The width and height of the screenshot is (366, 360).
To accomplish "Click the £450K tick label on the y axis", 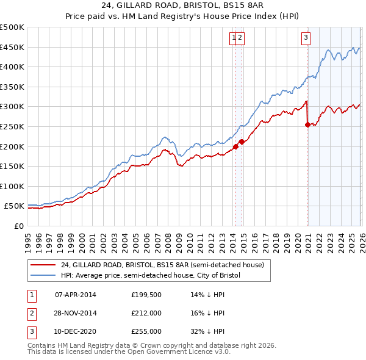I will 12,48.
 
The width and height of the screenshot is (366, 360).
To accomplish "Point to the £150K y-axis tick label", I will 12,167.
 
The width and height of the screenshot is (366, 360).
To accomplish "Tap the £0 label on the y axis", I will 18,226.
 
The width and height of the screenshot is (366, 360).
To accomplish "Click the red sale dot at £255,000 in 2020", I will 307,125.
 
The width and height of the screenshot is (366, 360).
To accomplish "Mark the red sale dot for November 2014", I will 242,142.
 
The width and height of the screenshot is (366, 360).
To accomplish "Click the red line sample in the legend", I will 43,265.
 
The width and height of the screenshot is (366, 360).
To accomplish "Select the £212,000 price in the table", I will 146,314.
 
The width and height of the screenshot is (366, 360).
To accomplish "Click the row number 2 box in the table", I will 32,314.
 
